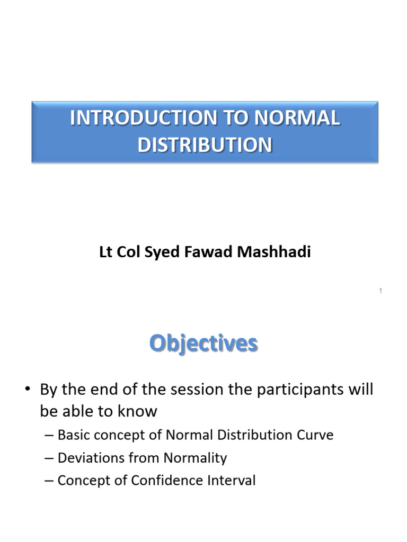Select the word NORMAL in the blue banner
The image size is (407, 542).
pos(297,118)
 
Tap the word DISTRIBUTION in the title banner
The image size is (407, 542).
pos(205,145)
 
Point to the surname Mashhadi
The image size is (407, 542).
pos(274,251)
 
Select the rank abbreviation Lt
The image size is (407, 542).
pos(105,251)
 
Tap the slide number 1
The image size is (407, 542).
pos(381,291)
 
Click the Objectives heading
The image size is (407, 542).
pos(203,343)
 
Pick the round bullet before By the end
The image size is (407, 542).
pos(28,389)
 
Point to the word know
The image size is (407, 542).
pos(137,411)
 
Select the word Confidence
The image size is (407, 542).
pos(167,481)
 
